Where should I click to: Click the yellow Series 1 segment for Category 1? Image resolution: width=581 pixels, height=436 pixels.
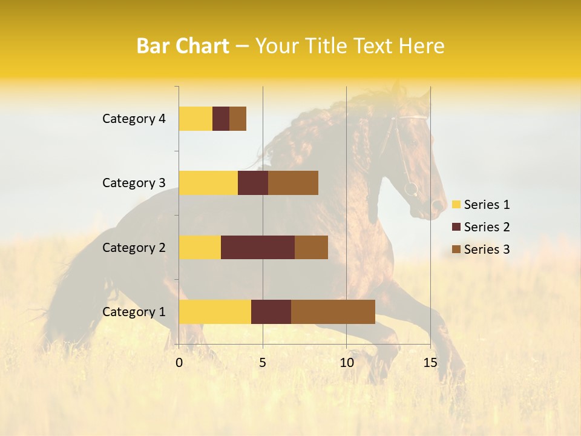point(214,311)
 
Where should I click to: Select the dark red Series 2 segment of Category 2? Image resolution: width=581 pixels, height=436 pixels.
point(257,247)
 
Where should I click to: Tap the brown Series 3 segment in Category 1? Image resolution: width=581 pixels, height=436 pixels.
point(333,311)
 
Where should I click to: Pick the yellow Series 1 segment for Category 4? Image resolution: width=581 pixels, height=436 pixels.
point(195,119)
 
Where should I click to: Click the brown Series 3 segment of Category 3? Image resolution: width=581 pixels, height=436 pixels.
point(293,183)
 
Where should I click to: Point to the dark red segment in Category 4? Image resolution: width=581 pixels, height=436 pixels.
point(220,119)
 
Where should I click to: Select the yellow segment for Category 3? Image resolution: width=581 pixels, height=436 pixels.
point(208,183)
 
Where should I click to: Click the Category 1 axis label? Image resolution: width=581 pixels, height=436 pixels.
point(133,312)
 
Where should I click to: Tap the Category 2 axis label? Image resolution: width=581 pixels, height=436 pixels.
point(133,248)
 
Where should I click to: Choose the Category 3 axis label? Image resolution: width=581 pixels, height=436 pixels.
point(133,183)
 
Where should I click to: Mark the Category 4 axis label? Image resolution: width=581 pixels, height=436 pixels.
point(133,119)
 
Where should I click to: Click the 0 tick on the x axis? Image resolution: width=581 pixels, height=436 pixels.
point(179,363)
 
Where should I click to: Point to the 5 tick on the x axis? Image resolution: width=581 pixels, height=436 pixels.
point(263,363)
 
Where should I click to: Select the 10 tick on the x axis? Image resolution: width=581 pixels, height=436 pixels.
point(346,363)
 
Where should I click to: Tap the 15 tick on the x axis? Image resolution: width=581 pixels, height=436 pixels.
point(430,363)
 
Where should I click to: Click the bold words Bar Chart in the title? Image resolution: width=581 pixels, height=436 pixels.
point(182,46)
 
